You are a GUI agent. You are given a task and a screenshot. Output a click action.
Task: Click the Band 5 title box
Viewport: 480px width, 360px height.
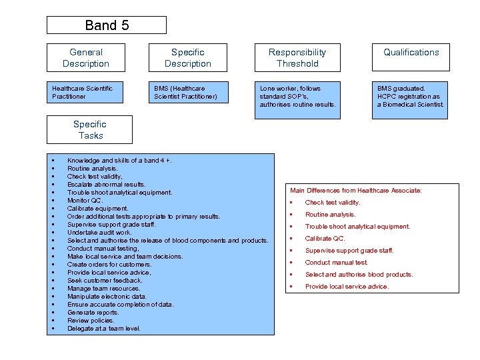pos(106,25)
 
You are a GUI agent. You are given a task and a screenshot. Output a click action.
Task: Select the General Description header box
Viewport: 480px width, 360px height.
pos(85,58)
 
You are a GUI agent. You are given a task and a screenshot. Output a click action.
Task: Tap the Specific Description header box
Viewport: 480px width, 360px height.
pos(187,58)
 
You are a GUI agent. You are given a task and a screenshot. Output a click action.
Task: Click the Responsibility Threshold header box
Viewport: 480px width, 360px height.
pos(297,58)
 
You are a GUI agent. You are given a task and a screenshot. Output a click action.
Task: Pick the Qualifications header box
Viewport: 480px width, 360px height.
pos(411,58)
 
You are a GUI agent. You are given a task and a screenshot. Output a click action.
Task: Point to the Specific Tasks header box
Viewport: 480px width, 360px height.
pos(89,130)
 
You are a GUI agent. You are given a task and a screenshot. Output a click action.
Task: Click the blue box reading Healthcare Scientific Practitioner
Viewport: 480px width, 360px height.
pos(85,93)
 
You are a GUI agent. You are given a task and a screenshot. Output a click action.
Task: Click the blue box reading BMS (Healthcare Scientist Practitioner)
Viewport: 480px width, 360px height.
pos(187,93)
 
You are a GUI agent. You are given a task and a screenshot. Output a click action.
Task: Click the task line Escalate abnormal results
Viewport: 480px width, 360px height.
pos(106,185)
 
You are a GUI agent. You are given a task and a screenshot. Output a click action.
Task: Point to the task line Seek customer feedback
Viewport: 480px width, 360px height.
pos(105,281)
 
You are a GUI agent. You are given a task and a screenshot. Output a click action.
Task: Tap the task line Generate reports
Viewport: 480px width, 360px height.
pos(93,313)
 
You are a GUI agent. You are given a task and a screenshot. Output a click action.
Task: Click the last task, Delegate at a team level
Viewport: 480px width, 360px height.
pos(103,329)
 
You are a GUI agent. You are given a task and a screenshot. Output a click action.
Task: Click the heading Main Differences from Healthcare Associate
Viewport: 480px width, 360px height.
pos(356,191)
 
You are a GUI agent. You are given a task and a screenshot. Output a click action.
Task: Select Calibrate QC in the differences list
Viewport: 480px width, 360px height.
pos(325,239)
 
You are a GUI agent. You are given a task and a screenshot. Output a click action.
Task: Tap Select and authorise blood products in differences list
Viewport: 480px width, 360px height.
pos(359,275)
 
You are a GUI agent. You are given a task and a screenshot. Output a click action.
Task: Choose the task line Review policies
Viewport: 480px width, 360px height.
pos(91,321)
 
